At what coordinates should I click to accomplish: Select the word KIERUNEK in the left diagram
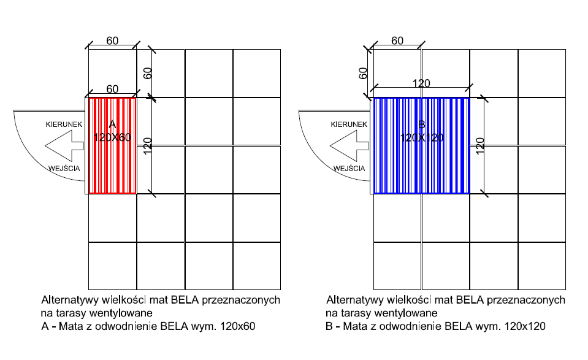tap(64, 124)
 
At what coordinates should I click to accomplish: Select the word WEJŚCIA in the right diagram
tap(349, 168)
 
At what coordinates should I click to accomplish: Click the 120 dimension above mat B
tap(421, 83)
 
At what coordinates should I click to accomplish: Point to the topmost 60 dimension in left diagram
tap(112, 41)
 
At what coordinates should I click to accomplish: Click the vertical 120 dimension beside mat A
tap(147, 146)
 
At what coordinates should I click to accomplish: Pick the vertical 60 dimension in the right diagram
tap(363, 73)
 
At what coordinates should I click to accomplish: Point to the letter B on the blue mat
tap(421, 125)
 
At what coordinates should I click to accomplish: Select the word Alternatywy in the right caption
tap(353, 301)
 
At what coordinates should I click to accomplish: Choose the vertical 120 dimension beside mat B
tap(480, 146)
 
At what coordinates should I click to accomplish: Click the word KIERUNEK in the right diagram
tap(349, 124)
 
